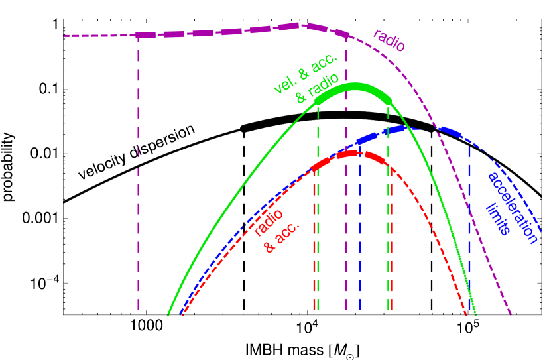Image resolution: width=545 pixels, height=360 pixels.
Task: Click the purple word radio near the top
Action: pos(389,40)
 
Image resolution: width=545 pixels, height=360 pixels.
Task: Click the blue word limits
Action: pos(499,219)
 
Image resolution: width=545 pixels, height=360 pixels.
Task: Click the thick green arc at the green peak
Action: pos(355,88)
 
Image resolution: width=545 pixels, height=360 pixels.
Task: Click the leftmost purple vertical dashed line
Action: pos(138,172)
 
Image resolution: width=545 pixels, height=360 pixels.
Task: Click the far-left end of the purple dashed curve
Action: pos(66,36)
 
